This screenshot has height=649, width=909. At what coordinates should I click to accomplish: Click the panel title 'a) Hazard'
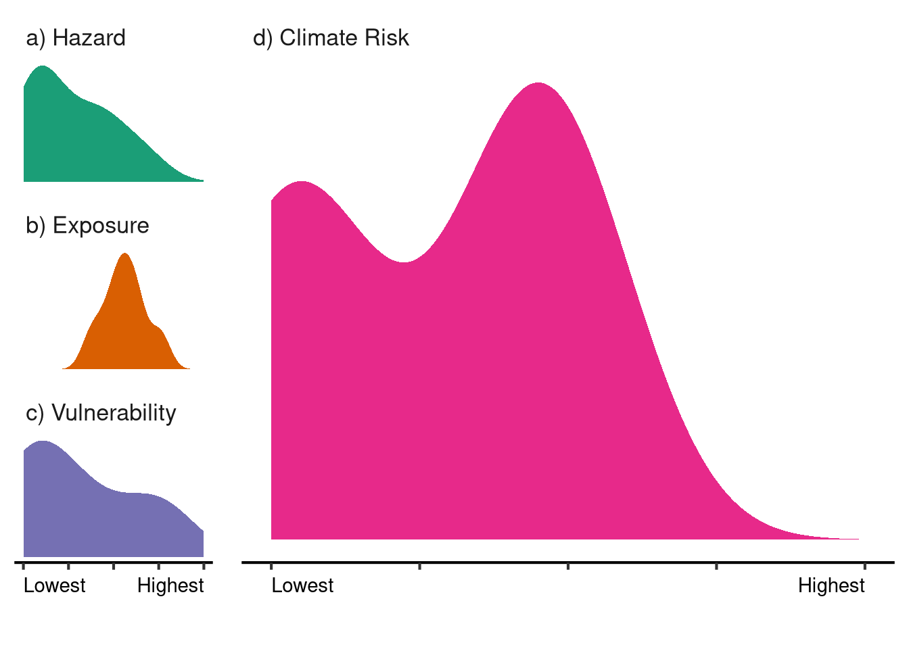[76, 38]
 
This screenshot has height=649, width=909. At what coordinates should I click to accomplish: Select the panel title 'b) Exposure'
[87, 225]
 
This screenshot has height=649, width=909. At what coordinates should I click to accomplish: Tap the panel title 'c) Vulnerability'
[101, 412]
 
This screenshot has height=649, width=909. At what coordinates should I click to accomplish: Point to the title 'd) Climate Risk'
[331, 38]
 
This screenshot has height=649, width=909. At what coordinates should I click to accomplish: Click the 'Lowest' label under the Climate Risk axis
[302, 585]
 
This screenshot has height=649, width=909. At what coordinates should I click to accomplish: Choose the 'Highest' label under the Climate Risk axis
[831, 585]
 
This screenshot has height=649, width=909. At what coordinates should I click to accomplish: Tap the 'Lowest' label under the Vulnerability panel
[54, 585]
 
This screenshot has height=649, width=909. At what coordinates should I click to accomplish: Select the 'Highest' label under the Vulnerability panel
[170, 585]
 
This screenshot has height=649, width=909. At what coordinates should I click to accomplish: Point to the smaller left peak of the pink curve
[301, 183]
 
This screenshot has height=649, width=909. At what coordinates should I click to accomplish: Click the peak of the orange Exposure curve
[125, 254]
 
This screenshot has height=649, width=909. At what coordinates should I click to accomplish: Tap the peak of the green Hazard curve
[43, 67]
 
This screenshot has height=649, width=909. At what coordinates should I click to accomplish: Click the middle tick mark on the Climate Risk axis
[568, 564]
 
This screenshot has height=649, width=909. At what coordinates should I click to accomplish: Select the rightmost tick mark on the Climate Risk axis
[865, 564]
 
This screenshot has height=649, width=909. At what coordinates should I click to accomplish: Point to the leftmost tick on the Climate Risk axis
[271, 564]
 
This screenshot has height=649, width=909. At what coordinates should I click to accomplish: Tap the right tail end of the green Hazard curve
[200, 181]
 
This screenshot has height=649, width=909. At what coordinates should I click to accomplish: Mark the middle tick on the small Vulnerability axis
[114, 564]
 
